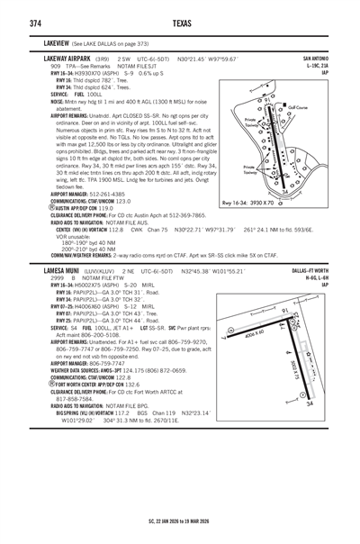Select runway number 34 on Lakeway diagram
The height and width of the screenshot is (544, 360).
pyautogui.click(x=285, y=191)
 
